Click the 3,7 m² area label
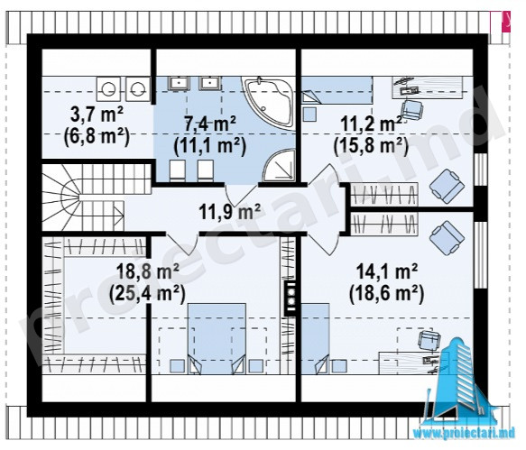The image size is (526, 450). coord(97,115)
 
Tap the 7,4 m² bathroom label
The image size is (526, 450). coord(210,124)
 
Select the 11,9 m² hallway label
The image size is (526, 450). coord(229,212)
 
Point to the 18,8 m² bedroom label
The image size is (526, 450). coord(147,271)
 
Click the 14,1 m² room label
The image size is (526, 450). coord(386,271)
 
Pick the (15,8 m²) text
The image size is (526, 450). coord(371,146)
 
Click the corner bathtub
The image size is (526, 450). coord(268,102)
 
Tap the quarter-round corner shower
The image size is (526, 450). coord(279,165)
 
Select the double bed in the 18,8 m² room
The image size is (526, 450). coord(217,339)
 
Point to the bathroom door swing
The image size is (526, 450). coord(241,195)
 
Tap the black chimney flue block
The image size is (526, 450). coord(291,298)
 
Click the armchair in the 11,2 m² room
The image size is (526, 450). coord(447,186)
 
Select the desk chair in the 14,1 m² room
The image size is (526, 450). coord(429,340)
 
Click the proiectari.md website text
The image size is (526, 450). coord(465,433)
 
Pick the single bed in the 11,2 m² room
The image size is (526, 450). coord(337,90)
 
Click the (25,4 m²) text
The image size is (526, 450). coord(147,294)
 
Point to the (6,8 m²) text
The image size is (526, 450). coord(97,137)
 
